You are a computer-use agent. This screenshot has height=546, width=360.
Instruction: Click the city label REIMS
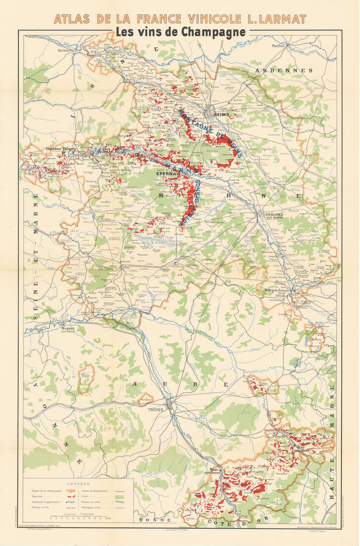(221, 114)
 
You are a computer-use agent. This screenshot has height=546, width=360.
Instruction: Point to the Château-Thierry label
(60, 148)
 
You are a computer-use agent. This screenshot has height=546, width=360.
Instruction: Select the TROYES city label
(156, 410)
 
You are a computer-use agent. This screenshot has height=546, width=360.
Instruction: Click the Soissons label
(66, 50)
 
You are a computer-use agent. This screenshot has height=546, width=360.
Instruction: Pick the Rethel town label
(278, 46)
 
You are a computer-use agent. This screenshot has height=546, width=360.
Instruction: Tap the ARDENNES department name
(284, 71)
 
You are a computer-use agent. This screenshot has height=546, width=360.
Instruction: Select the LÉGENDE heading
(78, 484)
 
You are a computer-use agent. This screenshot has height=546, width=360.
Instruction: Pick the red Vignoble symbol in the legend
(71, 496)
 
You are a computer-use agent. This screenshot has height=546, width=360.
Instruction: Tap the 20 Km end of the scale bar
(107, 518)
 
